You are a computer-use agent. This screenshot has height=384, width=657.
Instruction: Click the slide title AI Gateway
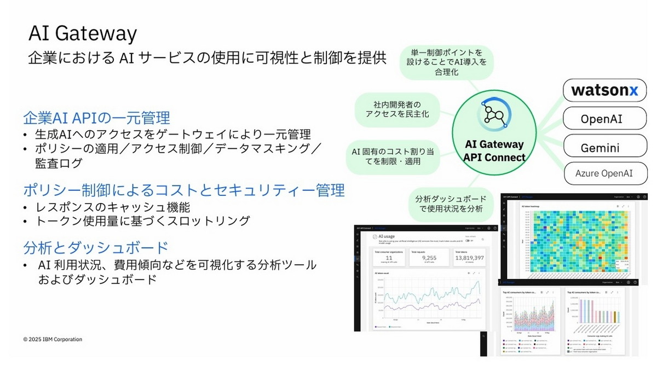(x=82, y=33)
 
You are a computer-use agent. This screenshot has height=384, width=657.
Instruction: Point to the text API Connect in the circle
(x=494, y=158)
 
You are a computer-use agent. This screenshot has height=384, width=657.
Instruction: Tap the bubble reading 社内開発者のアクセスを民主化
(x=398, y=108)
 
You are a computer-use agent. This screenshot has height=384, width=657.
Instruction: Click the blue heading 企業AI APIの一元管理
(x=96, y=118)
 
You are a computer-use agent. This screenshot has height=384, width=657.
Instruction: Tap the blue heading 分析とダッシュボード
(x=95, y=247)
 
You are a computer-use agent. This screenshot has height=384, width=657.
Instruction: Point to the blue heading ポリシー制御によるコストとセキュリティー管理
(x=184, y=190)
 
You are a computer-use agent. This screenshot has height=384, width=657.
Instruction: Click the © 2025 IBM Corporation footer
(x=53, y=339)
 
